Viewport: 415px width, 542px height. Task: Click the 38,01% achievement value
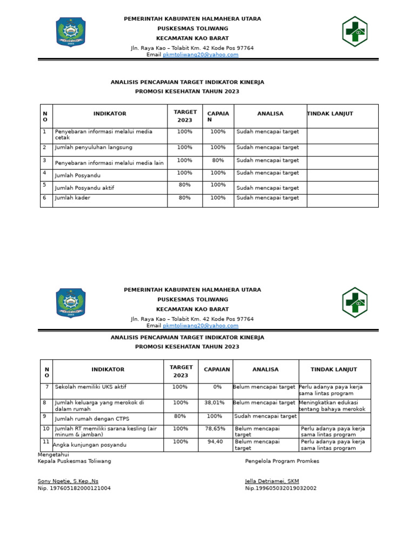(x=215, y=403)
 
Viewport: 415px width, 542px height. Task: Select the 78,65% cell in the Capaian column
(x=215, y=429)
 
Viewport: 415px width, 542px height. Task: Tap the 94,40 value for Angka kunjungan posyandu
(x=215, y=442)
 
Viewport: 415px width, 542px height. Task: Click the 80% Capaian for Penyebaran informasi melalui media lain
(x=218, y=161)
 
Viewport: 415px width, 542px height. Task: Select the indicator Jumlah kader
(x=72, y=198)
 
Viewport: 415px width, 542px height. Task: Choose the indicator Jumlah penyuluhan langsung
(x=93, y=148)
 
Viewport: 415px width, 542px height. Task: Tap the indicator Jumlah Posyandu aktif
(x=84, y=188)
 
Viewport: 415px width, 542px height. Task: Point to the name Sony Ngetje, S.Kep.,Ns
(x=68, y=481)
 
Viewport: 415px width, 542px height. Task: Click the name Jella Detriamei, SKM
(x=272, y=481)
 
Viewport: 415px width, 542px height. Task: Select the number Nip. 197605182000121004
(x=74, y=488)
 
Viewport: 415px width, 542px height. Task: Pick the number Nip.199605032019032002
(x=280, y=488)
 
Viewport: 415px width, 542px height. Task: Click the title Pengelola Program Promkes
(x=282, y=461)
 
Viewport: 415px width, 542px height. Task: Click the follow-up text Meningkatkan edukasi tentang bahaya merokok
(x=332, y=406)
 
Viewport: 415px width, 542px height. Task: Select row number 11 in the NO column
(x=46, y=442)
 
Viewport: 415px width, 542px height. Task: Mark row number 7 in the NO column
(x=46, y=387)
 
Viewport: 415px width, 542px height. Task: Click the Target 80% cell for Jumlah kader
(x=185, y=198)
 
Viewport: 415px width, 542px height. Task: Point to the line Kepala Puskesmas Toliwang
(x=74, y=461)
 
